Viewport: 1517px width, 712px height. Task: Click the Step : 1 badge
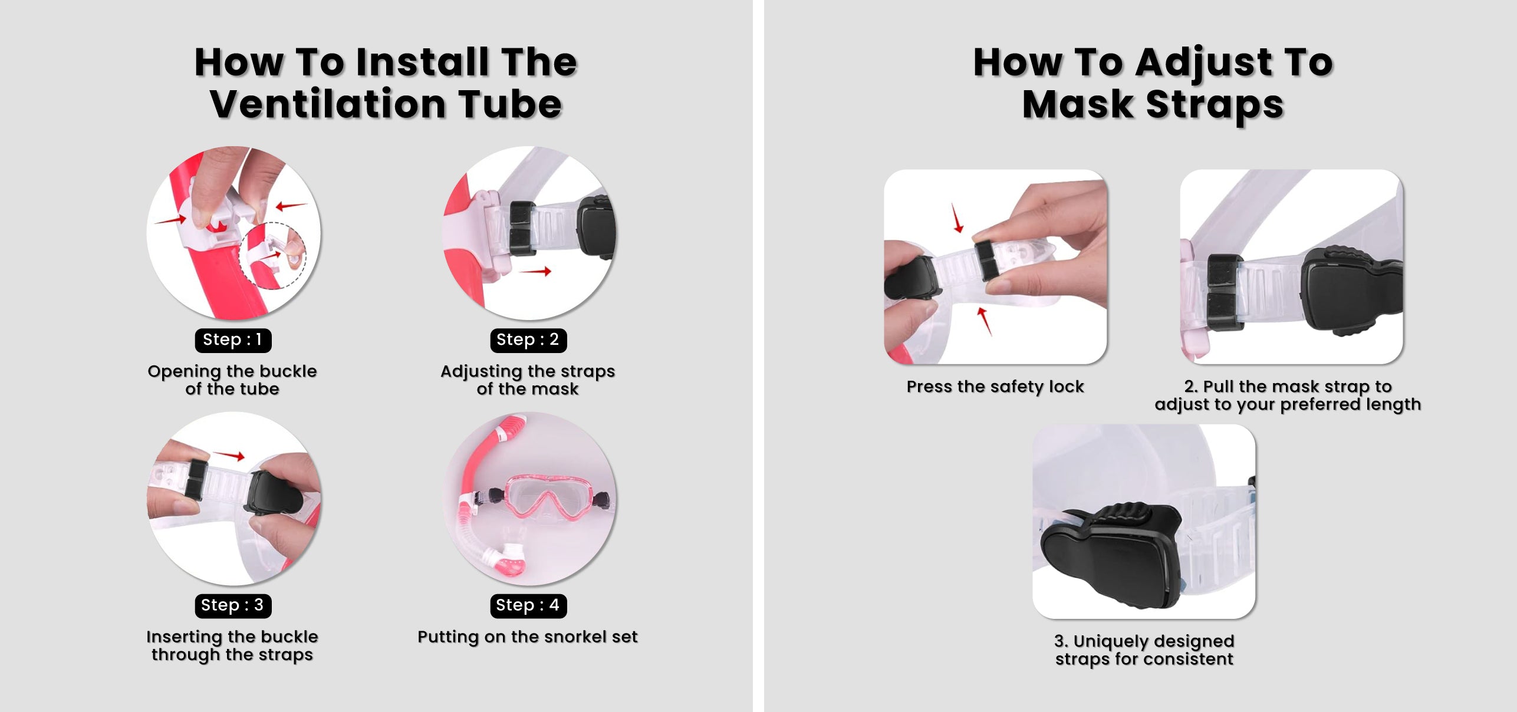click(x=233, y=340)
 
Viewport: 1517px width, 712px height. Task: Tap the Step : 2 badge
click(x=528, y=340)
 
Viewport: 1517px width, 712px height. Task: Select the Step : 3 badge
click(x=233, y=605)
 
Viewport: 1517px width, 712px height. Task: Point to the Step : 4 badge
click(x=528, y=605)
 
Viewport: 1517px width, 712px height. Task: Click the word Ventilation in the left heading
click(x=329, y=104)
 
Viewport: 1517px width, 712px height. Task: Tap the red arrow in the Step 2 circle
click(x=535, y=271)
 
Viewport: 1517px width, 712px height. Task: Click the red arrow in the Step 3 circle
click(x=229, y=455)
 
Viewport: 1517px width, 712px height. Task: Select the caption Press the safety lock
click(x=995, y=387)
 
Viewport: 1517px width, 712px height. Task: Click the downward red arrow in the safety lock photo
click(x=958, y=218)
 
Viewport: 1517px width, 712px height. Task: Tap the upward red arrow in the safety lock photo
click(x=984, y=321)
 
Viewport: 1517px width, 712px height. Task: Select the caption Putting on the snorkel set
click(x=528, y=637)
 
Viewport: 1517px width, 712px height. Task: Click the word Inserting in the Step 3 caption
click(x=184, y=637)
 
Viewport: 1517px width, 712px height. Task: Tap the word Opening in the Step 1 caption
click(x=184, y=372)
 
